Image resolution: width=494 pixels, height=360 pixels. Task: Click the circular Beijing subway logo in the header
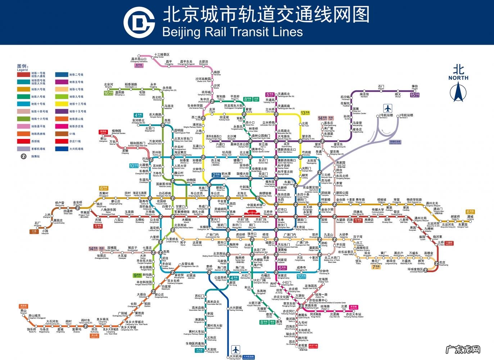tap(139, 22)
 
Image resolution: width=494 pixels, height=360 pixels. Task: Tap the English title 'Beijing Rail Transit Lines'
tap(232, 32)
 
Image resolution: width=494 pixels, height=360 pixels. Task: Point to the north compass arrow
tap(458, 91)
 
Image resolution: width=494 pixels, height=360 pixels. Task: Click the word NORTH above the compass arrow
tap(458, 77)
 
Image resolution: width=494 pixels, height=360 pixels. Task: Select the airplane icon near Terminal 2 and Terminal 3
tap(388, 108)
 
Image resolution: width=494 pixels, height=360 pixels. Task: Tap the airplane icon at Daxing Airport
tap(236, 349)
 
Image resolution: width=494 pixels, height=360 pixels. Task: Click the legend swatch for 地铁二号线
tap(60, 75)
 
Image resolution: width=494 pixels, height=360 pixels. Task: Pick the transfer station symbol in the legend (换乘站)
tap(23, 156)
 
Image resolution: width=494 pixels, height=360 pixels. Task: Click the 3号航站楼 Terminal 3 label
tap(406, 116)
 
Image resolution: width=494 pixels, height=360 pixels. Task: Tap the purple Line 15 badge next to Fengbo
tap(415, 95)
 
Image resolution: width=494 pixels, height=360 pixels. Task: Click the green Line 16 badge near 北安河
tap(108, 93)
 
